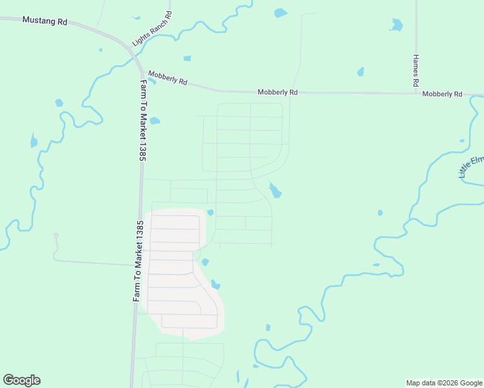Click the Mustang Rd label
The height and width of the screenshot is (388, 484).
[x=45, y=21]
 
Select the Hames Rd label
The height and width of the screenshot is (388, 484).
[x=416, y=70]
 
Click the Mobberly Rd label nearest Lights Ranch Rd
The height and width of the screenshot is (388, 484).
[x=167, y=78]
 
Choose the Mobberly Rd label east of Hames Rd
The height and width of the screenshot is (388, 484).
[x=443, y=94]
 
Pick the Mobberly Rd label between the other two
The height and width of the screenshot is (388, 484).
[x=278, y=92]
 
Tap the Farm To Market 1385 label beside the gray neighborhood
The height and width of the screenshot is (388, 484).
[x=137, y=261]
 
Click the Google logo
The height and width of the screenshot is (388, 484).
[x=21, y=380]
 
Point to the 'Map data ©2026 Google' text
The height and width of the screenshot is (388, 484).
[x=444, y=383]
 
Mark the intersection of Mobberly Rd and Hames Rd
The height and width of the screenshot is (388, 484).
[x=416, y=93]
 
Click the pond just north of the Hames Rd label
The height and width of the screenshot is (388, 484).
[x=396, y=25]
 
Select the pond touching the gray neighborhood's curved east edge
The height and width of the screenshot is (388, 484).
[x=215, y=284]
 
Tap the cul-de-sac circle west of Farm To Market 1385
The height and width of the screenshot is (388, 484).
[x=56, y=235]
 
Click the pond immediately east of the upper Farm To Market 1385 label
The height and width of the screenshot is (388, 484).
[x=155, y=120]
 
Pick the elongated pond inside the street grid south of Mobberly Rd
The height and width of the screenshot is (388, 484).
[x=276, y=190]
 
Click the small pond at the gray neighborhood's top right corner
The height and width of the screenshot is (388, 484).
[x=210, y=212]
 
